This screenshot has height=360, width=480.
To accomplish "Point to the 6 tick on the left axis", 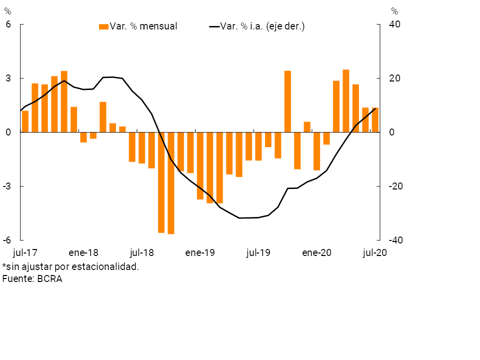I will [x=8, y=24].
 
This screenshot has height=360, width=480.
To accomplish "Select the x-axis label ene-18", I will [x=84, y=253].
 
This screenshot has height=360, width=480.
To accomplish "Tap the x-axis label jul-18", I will [x=142, y=253].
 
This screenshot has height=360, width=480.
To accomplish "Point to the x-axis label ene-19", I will [x=200, y=253].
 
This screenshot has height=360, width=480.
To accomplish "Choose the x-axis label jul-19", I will [x=258, y=253].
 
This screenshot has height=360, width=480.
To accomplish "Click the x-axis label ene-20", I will [x=316, y=253].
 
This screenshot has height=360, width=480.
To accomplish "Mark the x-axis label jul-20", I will [x=375, y=253].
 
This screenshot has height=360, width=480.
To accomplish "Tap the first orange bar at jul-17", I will [x=25, y=121].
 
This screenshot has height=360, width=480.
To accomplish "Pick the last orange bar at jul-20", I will [x=375, y=120].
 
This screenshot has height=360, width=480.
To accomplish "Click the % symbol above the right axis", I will [x=394, y=11].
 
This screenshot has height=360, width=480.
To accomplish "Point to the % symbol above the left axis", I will [x=7, y=11].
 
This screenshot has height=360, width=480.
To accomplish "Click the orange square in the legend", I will [x=104, y=26].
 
